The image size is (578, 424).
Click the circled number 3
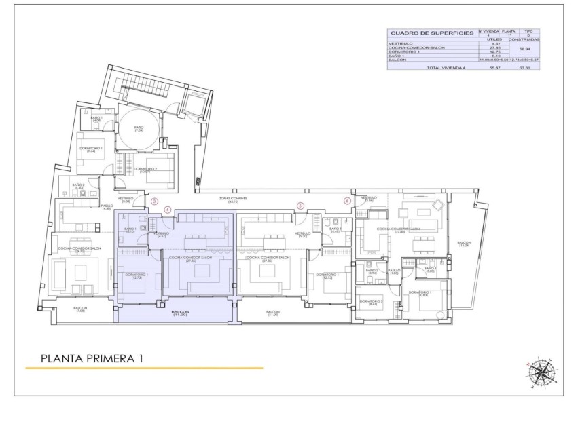154,201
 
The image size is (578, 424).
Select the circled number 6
347,201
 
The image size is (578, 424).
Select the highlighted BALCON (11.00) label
179,313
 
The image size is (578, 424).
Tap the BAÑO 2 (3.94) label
372,271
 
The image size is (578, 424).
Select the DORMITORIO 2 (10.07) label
145,170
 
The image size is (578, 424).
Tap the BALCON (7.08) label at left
81,311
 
